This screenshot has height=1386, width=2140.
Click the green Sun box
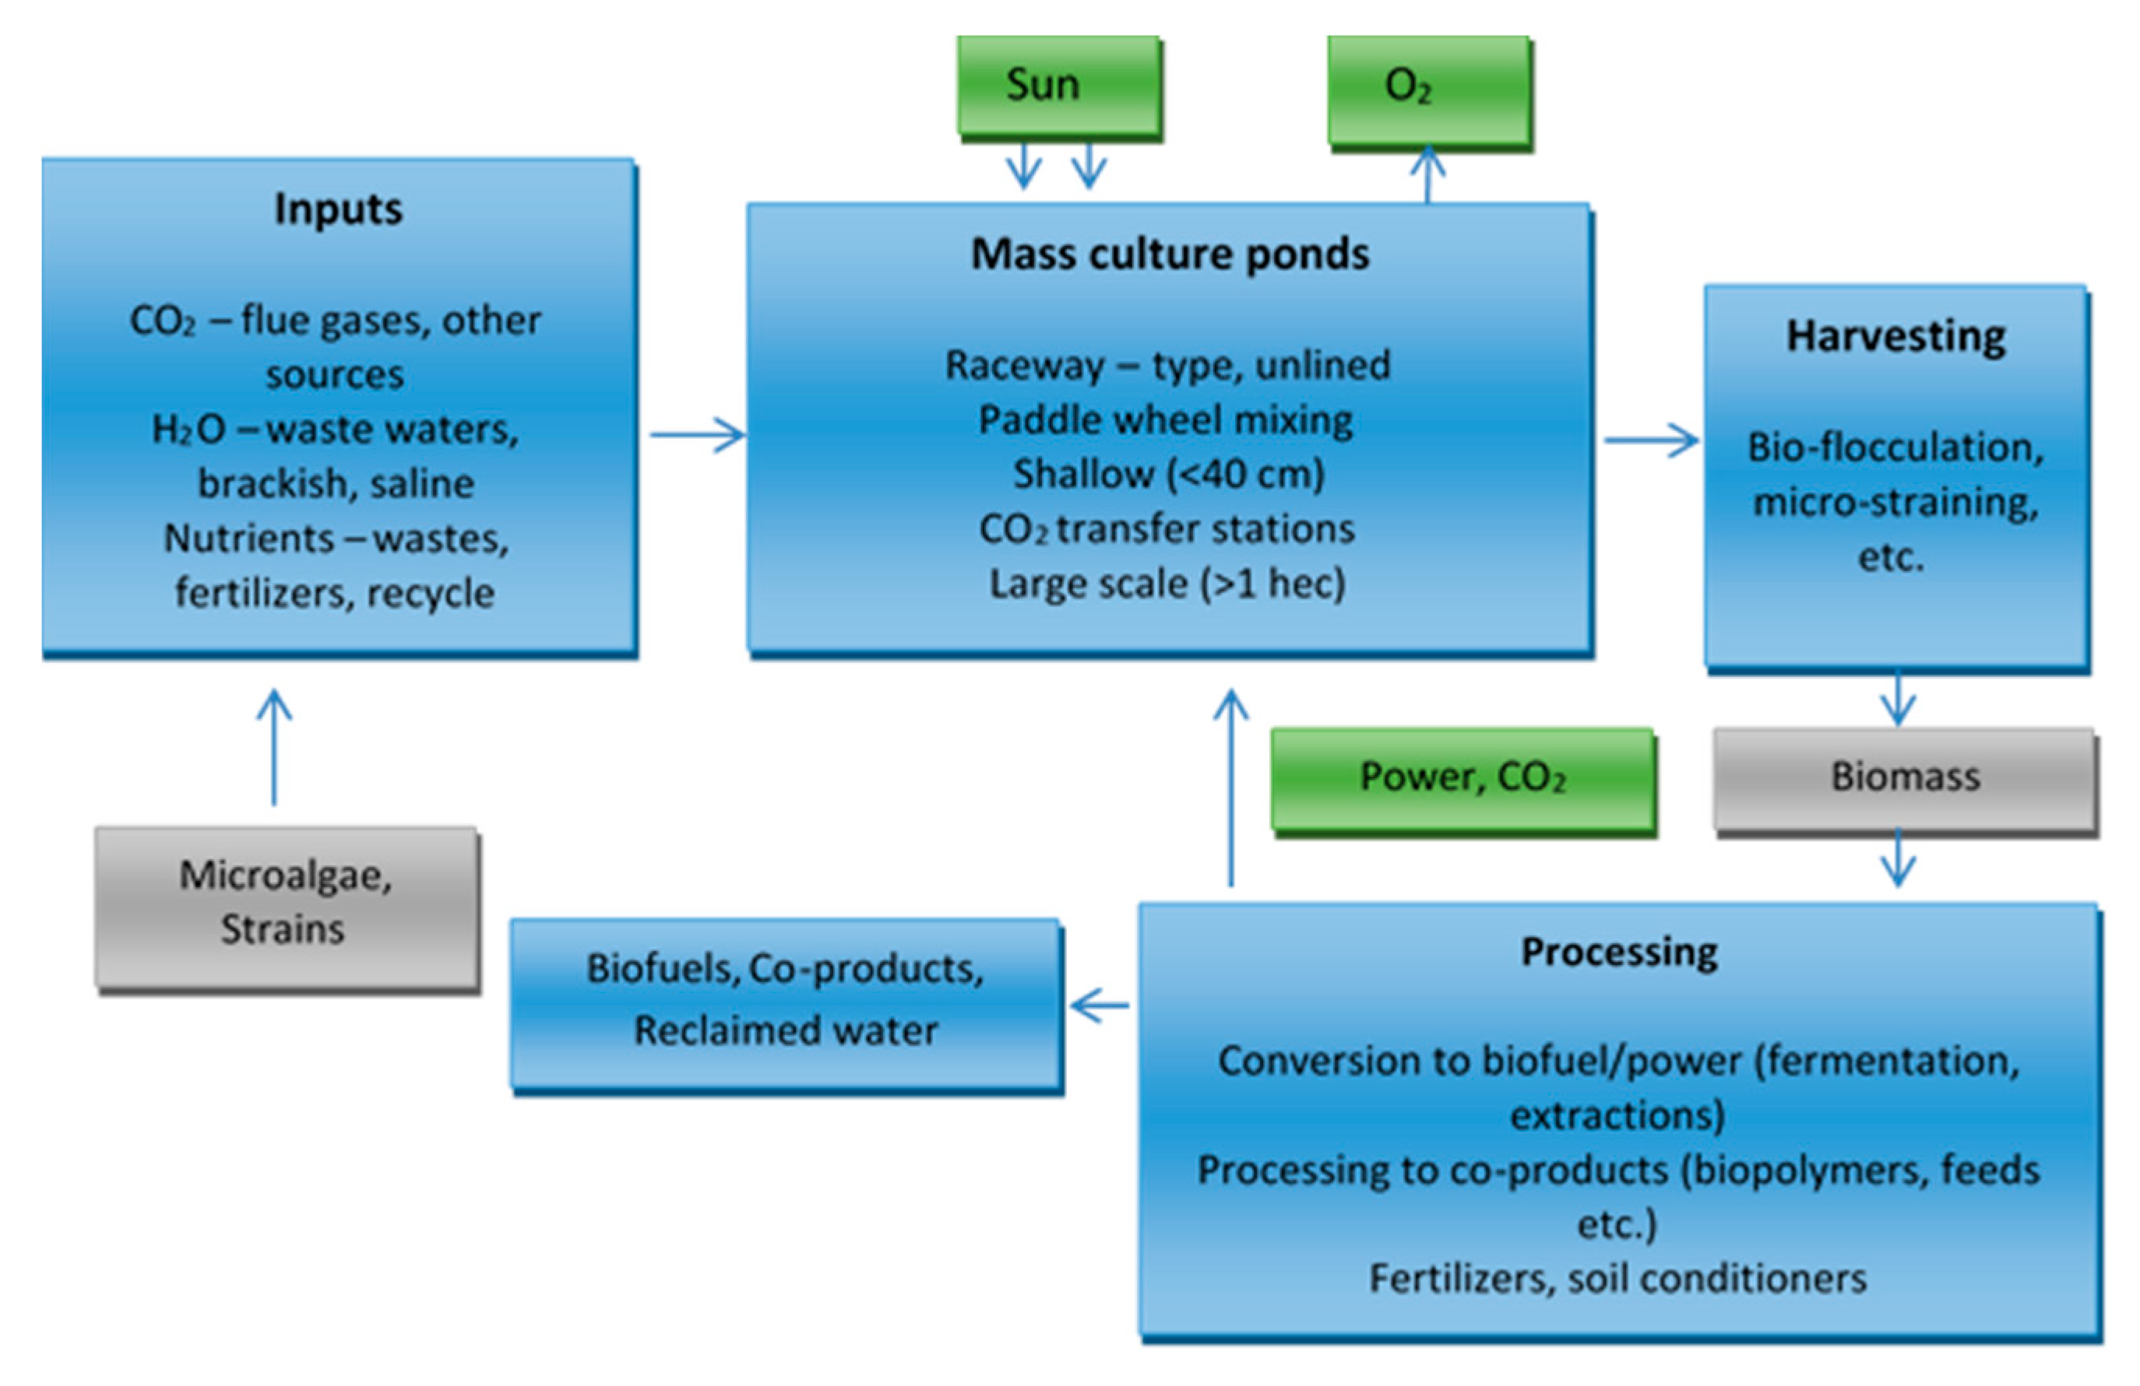click(1058, 87)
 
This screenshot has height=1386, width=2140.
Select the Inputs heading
click(338, 209)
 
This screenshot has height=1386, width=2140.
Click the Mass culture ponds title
click(1169, 254)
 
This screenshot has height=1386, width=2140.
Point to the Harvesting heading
click(1895, 337)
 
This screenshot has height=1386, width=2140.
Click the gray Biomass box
click(1904, 777)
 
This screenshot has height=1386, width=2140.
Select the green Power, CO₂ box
click(1462, 777)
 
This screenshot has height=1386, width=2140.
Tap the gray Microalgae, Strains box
click(286, 904)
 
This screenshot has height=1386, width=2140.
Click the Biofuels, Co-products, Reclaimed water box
click(786, 1001)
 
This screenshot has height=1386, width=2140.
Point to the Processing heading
click(1618, 952)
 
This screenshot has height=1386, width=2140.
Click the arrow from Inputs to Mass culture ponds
click(697, 435)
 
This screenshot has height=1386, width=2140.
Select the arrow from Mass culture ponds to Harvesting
click(1651, 440)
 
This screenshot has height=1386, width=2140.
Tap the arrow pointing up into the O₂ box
click(1428, 175)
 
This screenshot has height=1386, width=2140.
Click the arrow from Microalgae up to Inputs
click(274, 746)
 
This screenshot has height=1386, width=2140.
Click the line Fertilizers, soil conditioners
click(1617, 1278)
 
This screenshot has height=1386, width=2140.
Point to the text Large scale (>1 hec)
click(1167, 584)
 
